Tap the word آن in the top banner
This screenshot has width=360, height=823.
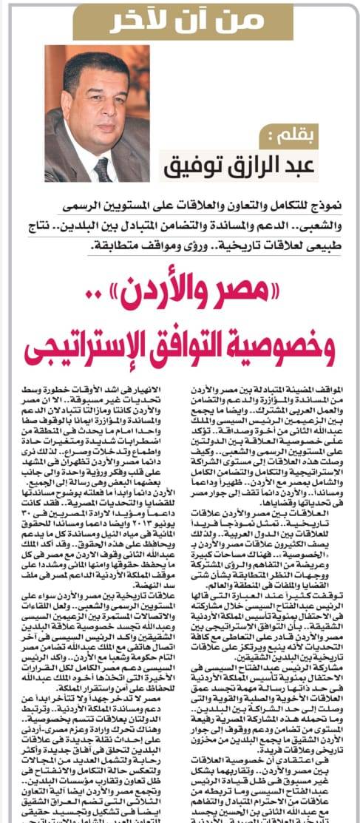[x=196, y=22]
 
